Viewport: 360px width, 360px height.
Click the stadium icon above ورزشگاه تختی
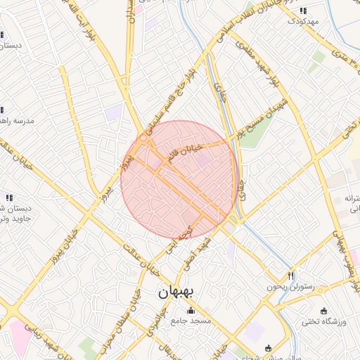pos(323,311)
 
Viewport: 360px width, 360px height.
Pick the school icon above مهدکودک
pos(303,11)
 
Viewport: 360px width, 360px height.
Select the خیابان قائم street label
pos(184,151)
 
